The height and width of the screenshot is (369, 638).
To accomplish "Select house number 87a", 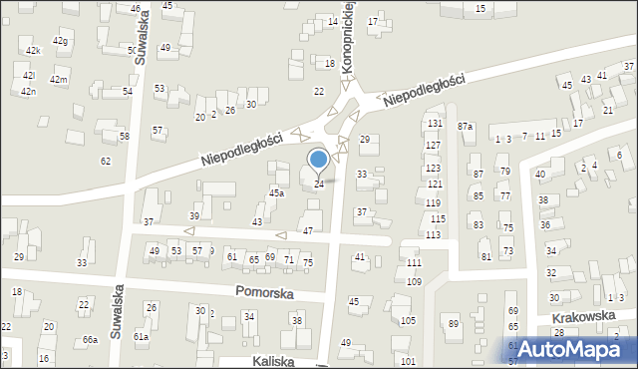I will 465,126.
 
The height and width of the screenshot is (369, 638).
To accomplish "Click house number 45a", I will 276,192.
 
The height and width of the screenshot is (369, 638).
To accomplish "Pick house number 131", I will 434,123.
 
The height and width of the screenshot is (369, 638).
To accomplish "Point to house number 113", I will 433,234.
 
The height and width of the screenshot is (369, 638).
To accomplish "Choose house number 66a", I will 91,340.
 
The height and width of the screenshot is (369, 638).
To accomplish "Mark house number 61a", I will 142,337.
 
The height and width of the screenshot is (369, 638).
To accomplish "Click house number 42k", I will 33,51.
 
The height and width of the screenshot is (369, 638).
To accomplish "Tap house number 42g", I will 61,41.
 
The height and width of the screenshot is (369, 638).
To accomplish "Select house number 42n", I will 28,92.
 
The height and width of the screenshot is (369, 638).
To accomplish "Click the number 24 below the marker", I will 319,184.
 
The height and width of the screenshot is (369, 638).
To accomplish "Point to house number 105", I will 408,320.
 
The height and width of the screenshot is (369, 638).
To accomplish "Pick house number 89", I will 454,324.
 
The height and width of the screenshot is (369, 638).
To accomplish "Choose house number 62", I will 105,161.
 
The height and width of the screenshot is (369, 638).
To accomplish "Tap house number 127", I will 433,146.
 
